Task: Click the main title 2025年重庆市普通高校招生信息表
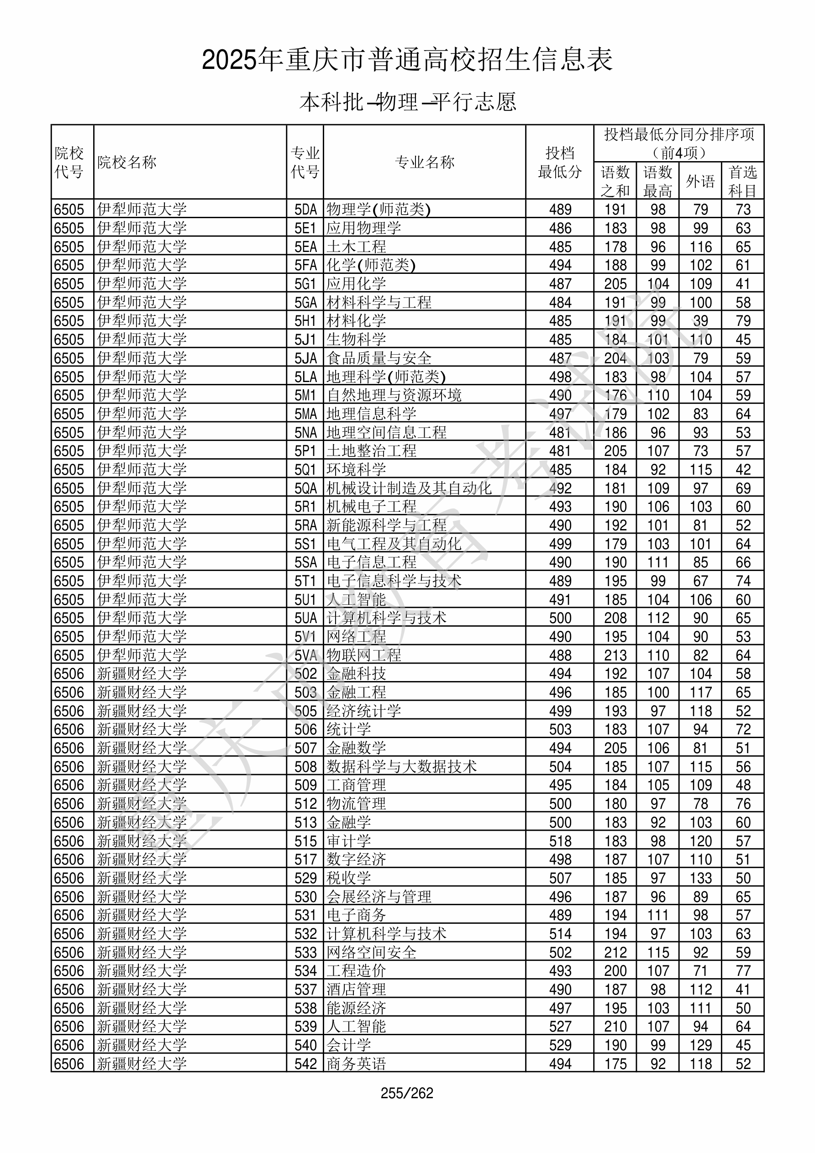point(407,60)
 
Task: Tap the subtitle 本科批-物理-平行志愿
point(407,102)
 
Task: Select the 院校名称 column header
point(127,162)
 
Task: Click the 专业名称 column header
point(425,162)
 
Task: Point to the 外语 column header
point(700,181)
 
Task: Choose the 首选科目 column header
point(743,181)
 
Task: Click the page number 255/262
point(407,1093)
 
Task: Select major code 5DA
point(305,210)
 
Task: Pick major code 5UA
point(305,618)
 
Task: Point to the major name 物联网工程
point(364,655)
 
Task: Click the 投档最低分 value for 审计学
point(560,841)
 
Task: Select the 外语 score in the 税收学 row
point(700,878)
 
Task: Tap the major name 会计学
point(349,1046)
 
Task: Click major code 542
point(305,1064)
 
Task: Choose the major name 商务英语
point(356,1064)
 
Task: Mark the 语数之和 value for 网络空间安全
point(615,953)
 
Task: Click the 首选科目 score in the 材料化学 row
point(743,321)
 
